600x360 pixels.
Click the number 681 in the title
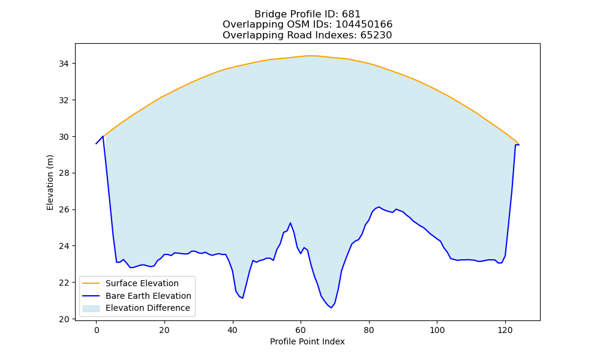point(351,14)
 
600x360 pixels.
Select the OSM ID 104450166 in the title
point(364,25)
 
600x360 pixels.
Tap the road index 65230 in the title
point(376,35)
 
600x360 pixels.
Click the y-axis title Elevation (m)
point(50,182)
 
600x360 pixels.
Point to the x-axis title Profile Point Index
point(307,341)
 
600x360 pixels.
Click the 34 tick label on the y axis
point(64,64)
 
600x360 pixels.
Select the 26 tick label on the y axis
point(64,209)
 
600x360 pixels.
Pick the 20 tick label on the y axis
point(64,319)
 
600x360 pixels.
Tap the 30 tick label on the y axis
point(64,137)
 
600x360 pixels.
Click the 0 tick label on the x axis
point(96,330)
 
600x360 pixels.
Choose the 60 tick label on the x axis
point(301,330)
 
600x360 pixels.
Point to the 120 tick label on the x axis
point(505,330)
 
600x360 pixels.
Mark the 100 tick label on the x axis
point(437,330)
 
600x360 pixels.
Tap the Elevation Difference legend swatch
point(91,308)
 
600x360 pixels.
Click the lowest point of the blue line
point(331,308)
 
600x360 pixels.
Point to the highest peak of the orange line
point(308,55)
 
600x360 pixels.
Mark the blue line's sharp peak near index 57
point(290,223)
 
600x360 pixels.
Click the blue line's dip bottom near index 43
point(242,298)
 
